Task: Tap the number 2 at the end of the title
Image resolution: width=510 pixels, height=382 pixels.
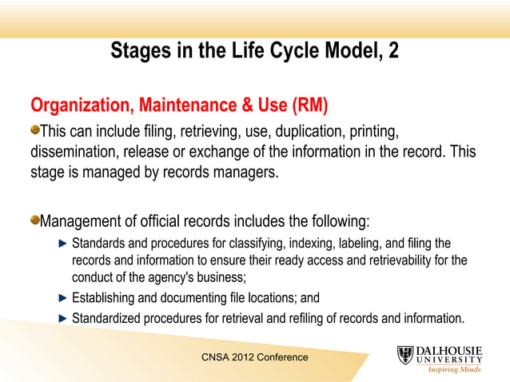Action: pyautogui.click(x=393, y=51)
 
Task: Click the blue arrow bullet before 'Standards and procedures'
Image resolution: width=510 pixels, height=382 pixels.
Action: pyautogui.click(x=64, y=243)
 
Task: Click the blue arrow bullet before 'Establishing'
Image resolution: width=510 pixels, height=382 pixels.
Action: pyautogui.click(x=64, y=298)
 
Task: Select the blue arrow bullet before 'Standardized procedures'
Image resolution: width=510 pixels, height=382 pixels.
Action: pyautogui.click(x=64, y=319)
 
